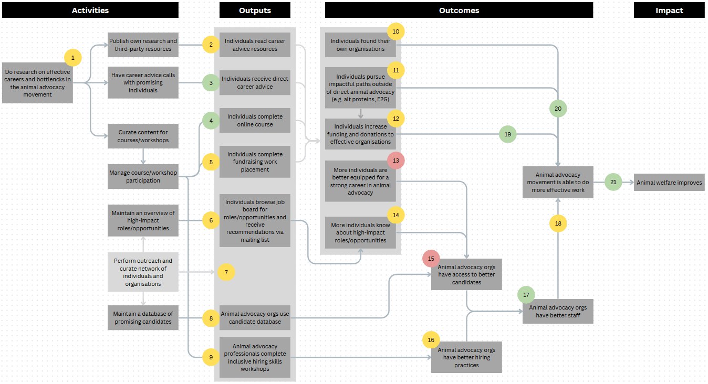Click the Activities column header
[x=90, y=10]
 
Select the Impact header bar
[x=669, y=10]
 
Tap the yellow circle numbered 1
[x=72, y=58]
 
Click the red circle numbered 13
[x=395, y=161]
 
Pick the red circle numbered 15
[x=431, y=259]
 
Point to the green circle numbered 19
[x=507, y=134]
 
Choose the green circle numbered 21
[x=613, y=182]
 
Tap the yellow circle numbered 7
[x=226, y=272]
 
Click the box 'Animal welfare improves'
[x=669, y=183]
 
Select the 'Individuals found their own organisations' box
[x=360, y=45]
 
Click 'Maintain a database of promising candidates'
[x=143, y=318]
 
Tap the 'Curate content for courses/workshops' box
[x=143, y=136]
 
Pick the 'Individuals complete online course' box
[x=255, y=120]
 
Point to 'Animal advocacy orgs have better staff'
[x=558, y=312]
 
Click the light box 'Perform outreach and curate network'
[x=143, y=272]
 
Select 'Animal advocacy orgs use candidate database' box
[x=255, y=318]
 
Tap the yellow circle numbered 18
[x=558, y=223]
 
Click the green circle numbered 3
[x=211, y=83]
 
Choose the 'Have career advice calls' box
[x=143, y=82]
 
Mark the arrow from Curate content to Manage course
[x=143, y=156]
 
